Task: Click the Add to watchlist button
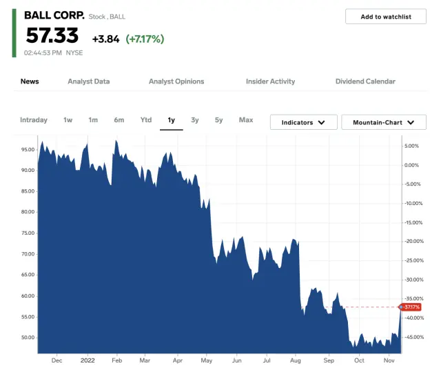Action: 386,17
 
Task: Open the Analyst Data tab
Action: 88,81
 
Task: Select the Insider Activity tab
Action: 270,81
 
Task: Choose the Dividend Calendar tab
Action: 365,81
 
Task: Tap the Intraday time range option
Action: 34,120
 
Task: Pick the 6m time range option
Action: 119,120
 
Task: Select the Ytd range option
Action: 146,120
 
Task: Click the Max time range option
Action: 246,120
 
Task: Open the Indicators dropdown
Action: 303,122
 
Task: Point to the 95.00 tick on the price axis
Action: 28,149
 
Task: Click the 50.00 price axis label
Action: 28,338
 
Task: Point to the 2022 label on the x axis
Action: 88,360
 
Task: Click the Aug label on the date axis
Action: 297,360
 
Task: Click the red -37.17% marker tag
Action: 411,307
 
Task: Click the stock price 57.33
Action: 52,35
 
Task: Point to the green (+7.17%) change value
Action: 145,39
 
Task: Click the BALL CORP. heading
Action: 54,14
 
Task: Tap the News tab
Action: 30,81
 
